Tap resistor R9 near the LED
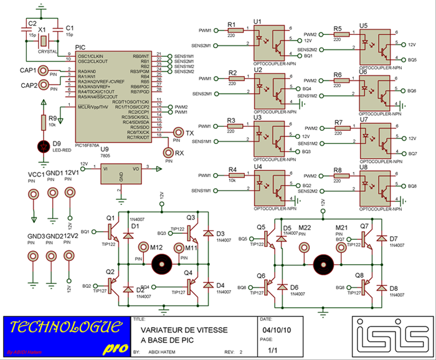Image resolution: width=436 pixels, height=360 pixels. pos(43,121)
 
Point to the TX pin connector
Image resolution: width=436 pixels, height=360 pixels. pos(178,133)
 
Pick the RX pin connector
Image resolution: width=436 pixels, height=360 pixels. pos(167,152)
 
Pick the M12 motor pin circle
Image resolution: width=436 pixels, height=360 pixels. pos(143,248)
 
